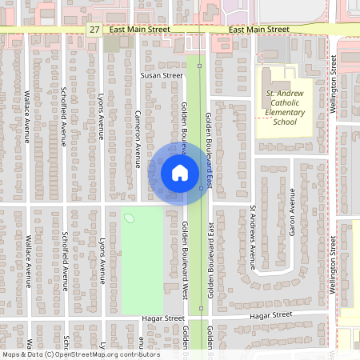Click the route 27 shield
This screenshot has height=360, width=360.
(x=95, y=30)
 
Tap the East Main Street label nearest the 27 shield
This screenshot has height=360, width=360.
(x=140, y=30)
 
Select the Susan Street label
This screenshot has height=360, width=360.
(x=162, y=75)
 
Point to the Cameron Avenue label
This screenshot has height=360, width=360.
(x=138, y=132)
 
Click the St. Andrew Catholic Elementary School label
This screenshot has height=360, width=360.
(x=284, y=108)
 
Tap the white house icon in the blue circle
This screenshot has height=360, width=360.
(x=179, y=172)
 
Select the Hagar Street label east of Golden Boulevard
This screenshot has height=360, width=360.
(x=272, y=317)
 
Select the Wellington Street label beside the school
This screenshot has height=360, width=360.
(x=334, y=104)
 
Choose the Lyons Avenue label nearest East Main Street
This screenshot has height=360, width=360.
(x=102, y=114)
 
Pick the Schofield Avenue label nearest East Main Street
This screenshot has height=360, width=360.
(x=65, y=114)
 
